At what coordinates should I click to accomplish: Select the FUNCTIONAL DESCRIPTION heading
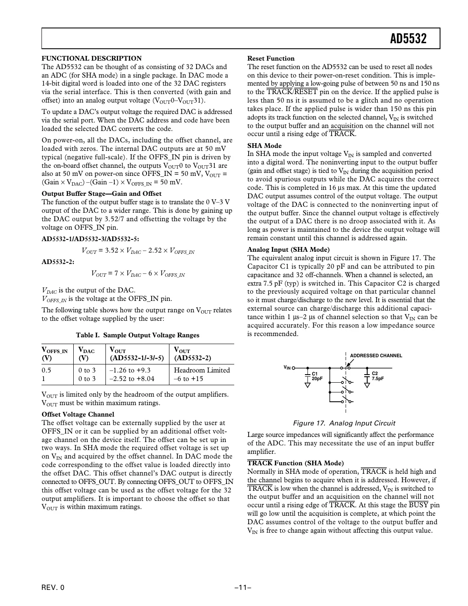tap(91, 58)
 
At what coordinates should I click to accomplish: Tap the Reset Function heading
tap(271, 58)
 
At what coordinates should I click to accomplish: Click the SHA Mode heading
tap(264, 146)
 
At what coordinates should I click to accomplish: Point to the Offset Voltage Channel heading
tap(78, 414)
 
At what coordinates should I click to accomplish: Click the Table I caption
tap(137, 335)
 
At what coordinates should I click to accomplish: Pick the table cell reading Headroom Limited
tap(202, 370)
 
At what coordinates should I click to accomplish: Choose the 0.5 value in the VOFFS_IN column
tap(46, 370)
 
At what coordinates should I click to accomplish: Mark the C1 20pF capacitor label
tap(317, 376)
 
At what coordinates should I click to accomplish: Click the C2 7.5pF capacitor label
tap(377, 376)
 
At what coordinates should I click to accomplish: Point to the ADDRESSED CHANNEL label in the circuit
tap(376, 356)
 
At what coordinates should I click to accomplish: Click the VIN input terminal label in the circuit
tap(287, 367)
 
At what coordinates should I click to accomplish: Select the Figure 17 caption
tap(344, 423)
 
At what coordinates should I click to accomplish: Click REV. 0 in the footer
tap(53, 587)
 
